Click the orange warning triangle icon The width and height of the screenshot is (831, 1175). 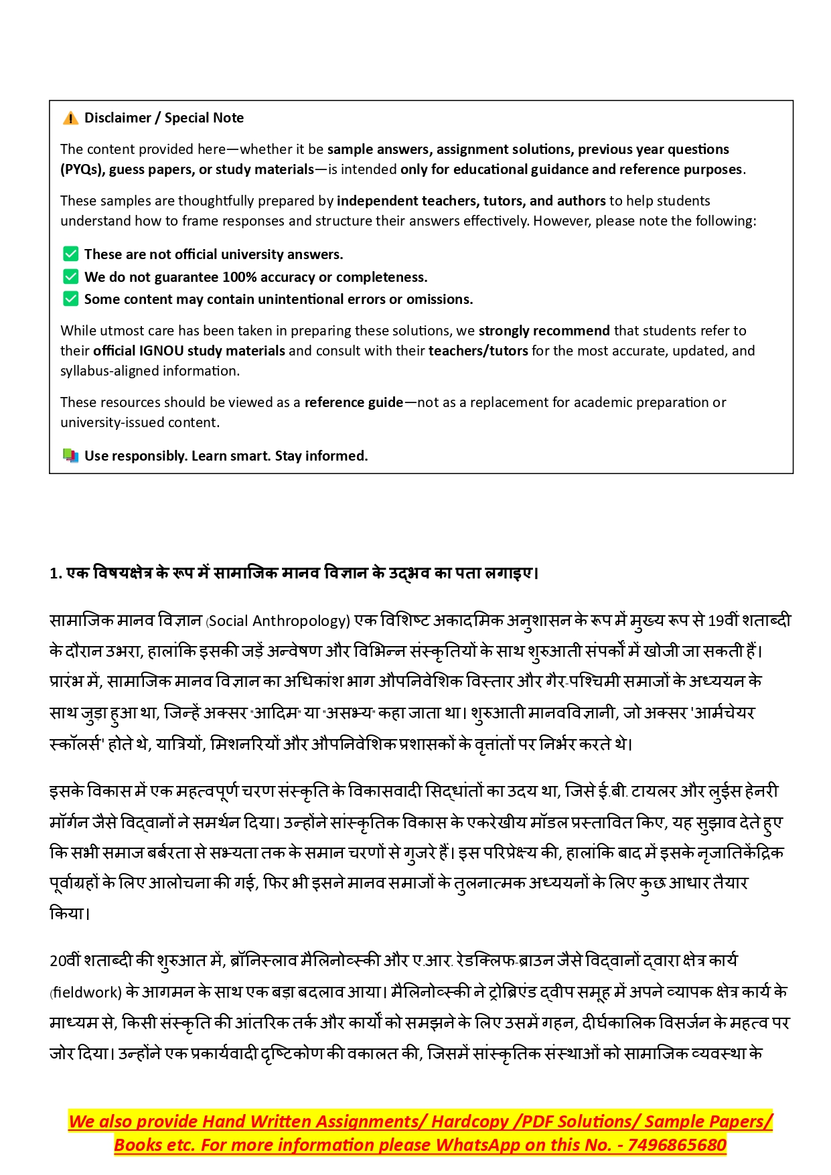pos(70,119)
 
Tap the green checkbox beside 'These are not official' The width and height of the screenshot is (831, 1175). pos(70,254)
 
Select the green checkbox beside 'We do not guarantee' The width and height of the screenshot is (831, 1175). pos(70,277)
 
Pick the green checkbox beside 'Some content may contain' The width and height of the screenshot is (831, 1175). pos(70,299)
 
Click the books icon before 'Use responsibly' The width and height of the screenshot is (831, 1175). pos(70,456)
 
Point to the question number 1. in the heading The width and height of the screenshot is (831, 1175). pos(56,574)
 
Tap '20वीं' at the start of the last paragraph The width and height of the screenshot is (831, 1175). pos(65,961)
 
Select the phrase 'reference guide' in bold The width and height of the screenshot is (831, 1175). pos(354,402)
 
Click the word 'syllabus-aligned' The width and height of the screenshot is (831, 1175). pos(111,371)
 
